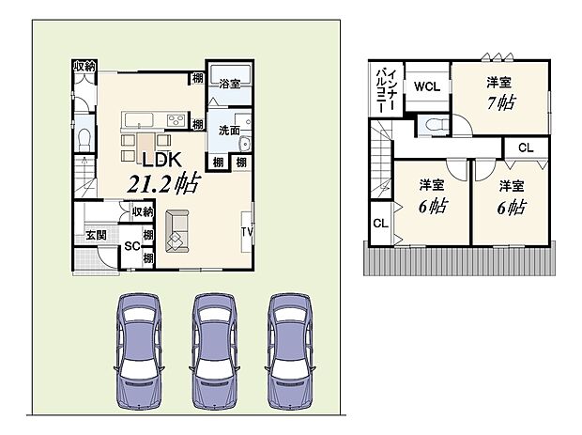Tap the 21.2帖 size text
pos(156,181)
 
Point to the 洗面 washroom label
pos(228,129)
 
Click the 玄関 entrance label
pos(97,234)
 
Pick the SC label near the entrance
pos(132,247)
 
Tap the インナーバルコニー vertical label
pos(387,88)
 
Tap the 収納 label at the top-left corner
pos(85,66)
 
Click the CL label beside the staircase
pos(380,224)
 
